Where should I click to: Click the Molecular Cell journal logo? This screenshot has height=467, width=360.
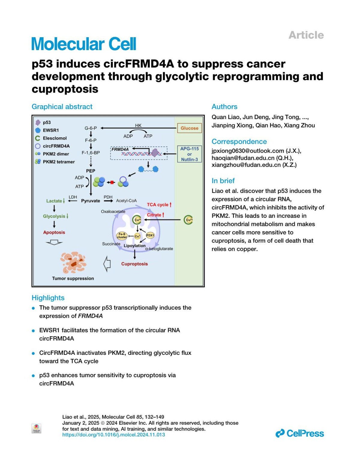tap(84, 44)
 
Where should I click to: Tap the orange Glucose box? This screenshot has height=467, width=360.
tap(189, 128)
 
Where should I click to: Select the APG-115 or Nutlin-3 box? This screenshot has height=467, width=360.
tap(189, 154)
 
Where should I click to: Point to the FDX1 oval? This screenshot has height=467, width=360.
tap(150, 235)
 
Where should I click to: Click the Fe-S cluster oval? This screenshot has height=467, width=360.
tap(122, 235)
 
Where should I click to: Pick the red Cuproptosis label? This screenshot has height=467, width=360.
tap(134, 264)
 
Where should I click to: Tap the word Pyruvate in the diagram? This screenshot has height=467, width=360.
tap(91, 201)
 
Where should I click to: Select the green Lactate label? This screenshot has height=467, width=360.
tap(54, 201)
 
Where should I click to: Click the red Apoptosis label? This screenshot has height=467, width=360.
tap(54, 232)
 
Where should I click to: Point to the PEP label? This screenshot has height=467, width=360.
tap(91, 171)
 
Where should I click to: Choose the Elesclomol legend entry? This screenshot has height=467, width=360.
tap(55, 138)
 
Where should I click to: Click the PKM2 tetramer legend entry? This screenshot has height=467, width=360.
tap(58, 162)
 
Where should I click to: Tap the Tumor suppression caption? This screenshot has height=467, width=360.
tap(73, 278)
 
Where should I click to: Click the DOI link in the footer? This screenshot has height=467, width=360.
tap(113, 435)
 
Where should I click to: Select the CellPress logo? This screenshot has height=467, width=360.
tap(300, 433)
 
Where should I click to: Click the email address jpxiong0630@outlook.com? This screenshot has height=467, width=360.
tap(248, 151)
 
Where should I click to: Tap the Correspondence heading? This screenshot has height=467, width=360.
tap(239, 142)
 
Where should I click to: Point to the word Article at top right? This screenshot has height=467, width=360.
tap(306, 35)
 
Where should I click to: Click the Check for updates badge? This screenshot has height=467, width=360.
tap(36, 428)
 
